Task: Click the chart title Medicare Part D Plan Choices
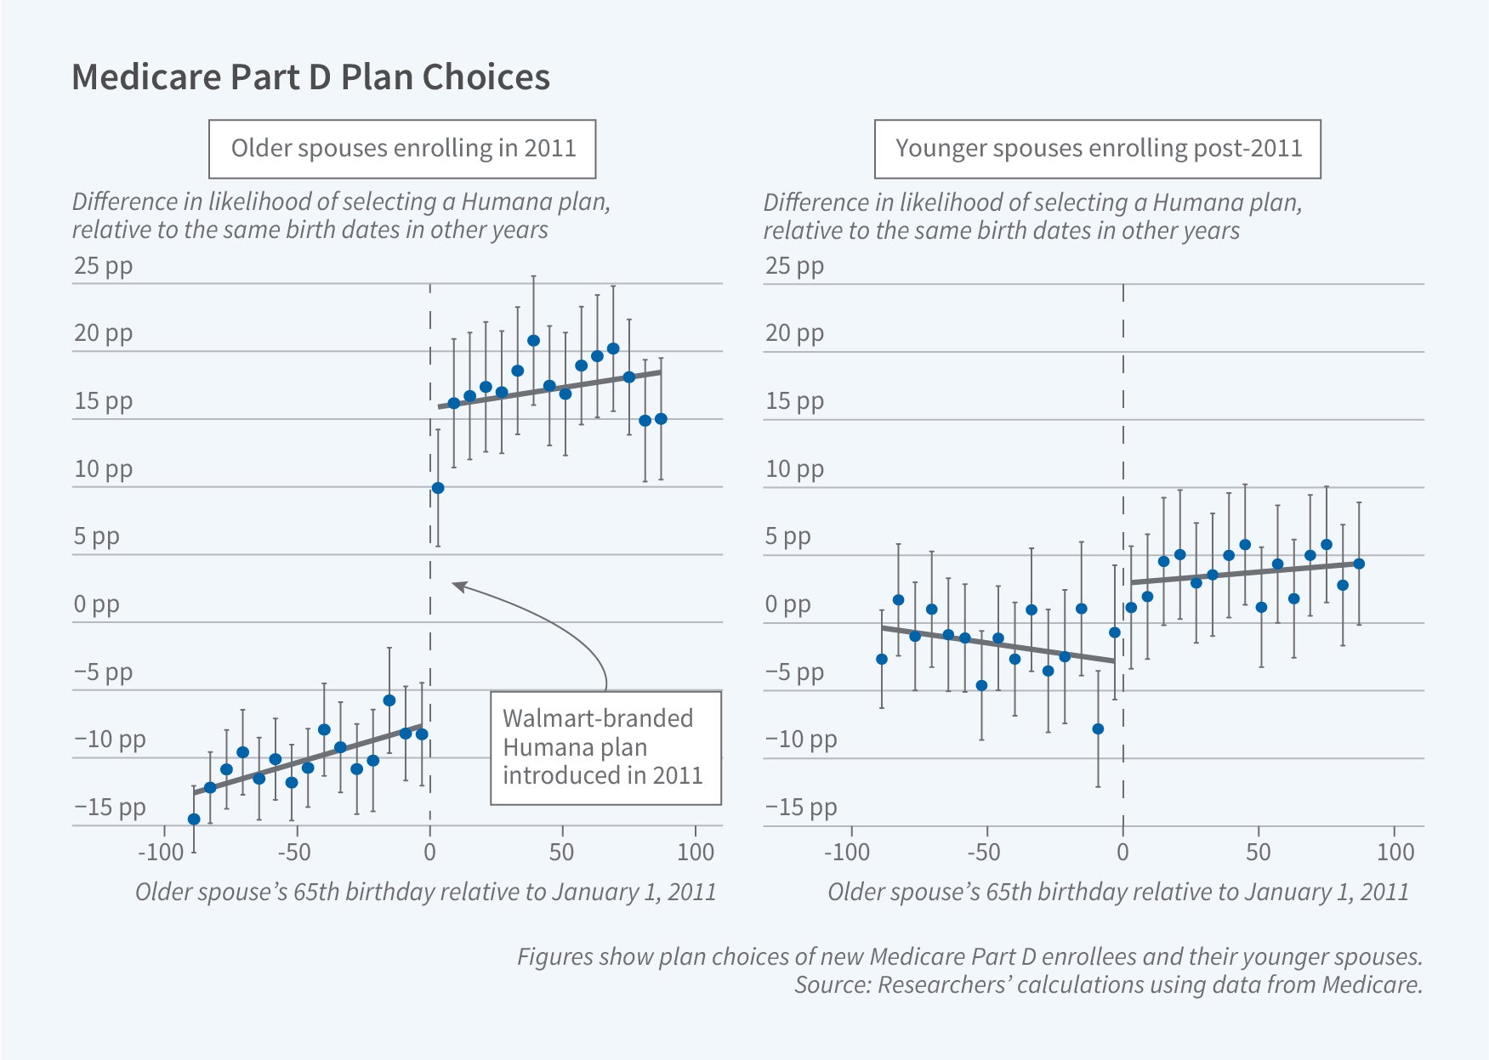(x=310, y=77)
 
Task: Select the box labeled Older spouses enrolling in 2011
(x=402, y=149)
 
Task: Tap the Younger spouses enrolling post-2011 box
(x=1097, y=149)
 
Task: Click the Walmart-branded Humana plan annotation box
(x=605, y=747)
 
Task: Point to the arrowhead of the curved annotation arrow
(x=456, y=585)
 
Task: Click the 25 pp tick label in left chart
(x=103, y=266)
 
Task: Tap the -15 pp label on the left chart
(x=110, y=807)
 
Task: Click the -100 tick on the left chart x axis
(x=161, y=852)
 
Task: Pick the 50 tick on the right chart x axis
(x=1258, y=852)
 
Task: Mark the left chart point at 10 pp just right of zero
(x=438, y=488)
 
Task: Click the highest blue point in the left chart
(x=533, y=341)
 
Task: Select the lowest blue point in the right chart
(x=1098, y=729)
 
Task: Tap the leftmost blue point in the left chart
(x=194, y=819)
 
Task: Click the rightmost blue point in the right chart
(x=1359, y=564)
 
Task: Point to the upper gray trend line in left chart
(x=549, y=389)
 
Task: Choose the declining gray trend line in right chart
(x=997, y=643)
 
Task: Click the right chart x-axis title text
(x=1117, y=892)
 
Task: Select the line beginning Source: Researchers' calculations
(x=1107, y=984)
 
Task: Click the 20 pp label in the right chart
(x=794, y=333)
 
